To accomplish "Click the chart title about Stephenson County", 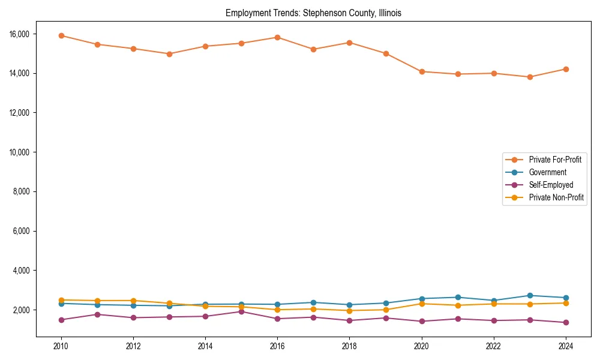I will point(313,13).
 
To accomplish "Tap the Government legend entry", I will point(547,172).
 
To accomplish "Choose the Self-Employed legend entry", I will point(551,185).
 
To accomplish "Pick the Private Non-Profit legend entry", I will point(556,197).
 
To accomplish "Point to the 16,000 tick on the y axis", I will point(20,34).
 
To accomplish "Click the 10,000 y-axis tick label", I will point(20,152).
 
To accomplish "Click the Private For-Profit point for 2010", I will point(61,35).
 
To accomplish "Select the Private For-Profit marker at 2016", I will point(277,37).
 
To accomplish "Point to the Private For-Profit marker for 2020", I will point(422,71).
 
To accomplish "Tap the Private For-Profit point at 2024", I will point(566,69).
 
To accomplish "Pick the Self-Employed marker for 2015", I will point(241,311).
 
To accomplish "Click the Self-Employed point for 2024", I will point(566,322).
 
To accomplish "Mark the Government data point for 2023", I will point(530,295).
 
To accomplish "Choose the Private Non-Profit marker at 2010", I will point(61,300).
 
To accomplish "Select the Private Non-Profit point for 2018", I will point(349,310).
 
